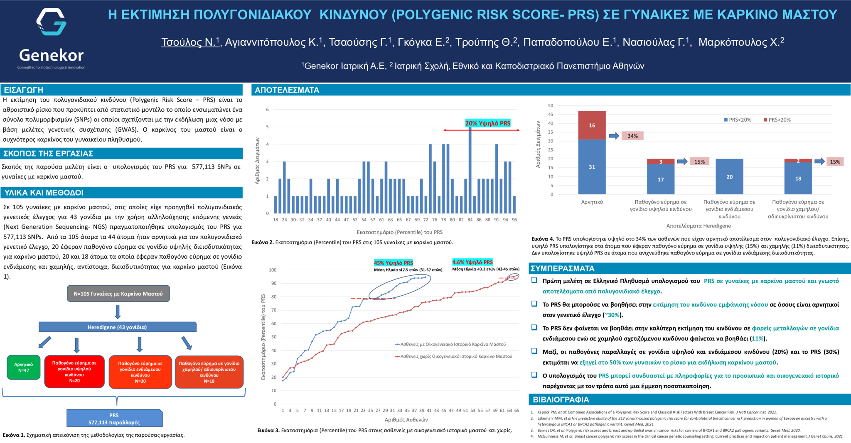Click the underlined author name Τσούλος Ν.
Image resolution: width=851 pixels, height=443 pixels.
click(x=190, y=42)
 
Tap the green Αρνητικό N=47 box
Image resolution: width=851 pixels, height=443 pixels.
click(x=24, y=367)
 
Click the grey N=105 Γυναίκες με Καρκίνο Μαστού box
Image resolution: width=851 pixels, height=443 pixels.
click(x=118, y=294)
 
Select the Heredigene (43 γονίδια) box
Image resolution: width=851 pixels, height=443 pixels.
click(x=117, y=327)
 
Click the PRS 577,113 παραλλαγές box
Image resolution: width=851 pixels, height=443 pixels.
click(x=114, y=419)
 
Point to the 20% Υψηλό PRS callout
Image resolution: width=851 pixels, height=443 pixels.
click(x=487, y=123)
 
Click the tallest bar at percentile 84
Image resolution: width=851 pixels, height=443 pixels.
click(x=470, y=170)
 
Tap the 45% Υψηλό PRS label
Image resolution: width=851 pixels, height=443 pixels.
click(x=393, y=263)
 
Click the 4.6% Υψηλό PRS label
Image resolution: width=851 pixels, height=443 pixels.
click(x=472, y=262)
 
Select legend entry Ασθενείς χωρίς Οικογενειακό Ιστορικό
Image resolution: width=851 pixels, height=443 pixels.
click(x=455, y=356)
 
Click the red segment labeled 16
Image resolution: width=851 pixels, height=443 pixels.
click(x=592, y=125)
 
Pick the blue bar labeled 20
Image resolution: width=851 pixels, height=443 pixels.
click(x=729, y=176)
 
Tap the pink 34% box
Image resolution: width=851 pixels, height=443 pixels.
click(x=632, y=136)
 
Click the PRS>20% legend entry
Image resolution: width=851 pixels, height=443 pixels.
click(x=777, y=120)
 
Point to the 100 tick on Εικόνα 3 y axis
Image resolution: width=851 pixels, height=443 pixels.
click(x=273, y=270)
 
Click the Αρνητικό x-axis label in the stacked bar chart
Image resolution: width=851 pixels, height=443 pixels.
click(x=592, y=202)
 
